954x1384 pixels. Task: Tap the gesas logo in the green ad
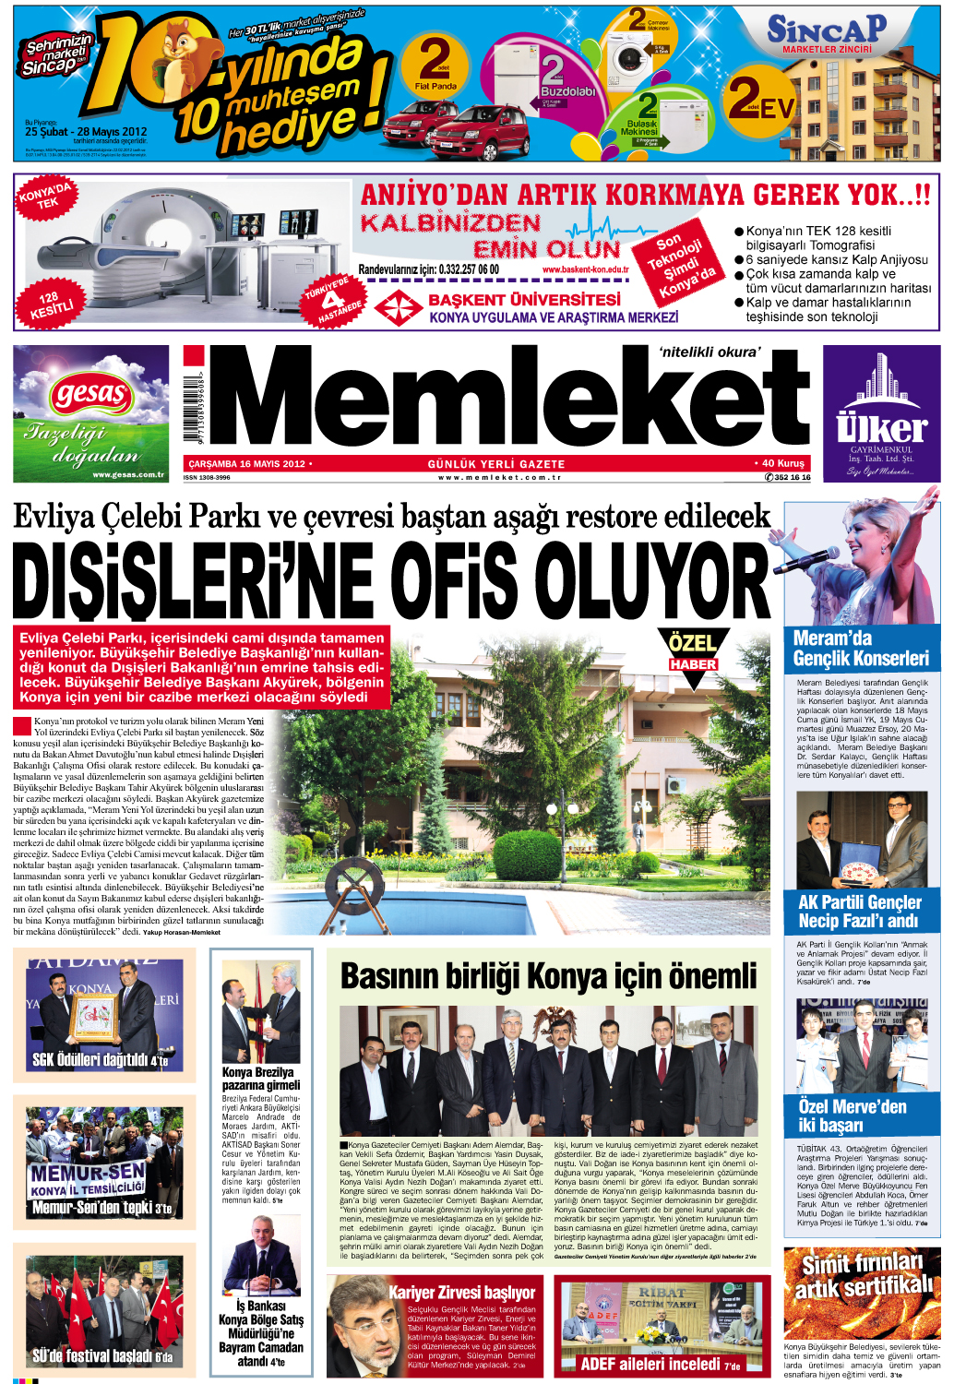(90, 396)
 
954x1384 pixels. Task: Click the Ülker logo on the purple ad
(881, 428)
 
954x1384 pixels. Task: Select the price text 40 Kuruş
(782, 463)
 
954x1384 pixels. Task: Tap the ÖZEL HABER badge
(693, 650)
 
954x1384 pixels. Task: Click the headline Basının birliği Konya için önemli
(548, 976)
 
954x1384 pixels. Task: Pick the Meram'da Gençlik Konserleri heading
(860, 649)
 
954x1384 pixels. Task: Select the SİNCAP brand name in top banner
(827, 30)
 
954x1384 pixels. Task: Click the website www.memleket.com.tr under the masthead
(499, 478)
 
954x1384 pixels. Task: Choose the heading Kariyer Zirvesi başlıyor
(461, 1293)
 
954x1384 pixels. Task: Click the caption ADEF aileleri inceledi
(659, 1364)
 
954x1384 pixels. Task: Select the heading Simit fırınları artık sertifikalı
(862, 1275)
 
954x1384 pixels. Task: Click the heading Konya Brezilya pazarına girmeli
(259, 1079)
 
